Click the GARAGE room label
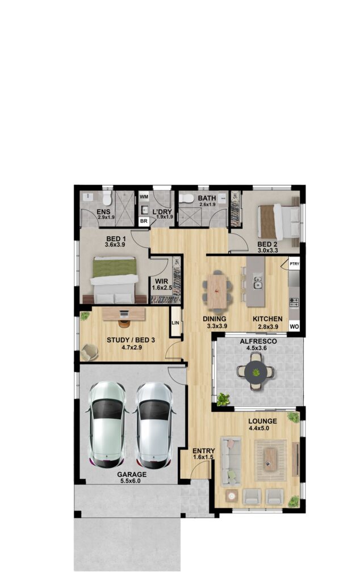[132, 474]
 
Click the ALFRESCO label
[254, 342]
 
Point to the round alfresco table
[257, 373]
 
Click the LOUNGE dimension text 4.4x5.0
[262, 428]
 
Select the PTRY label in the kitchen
[294, 264]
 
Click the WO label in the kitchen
[294, 327]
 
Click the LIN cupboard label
[175, 323]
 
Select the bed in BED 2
[279, 222]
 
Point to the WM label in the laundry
[144, 196]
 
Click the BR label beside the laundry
[144, 221]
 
